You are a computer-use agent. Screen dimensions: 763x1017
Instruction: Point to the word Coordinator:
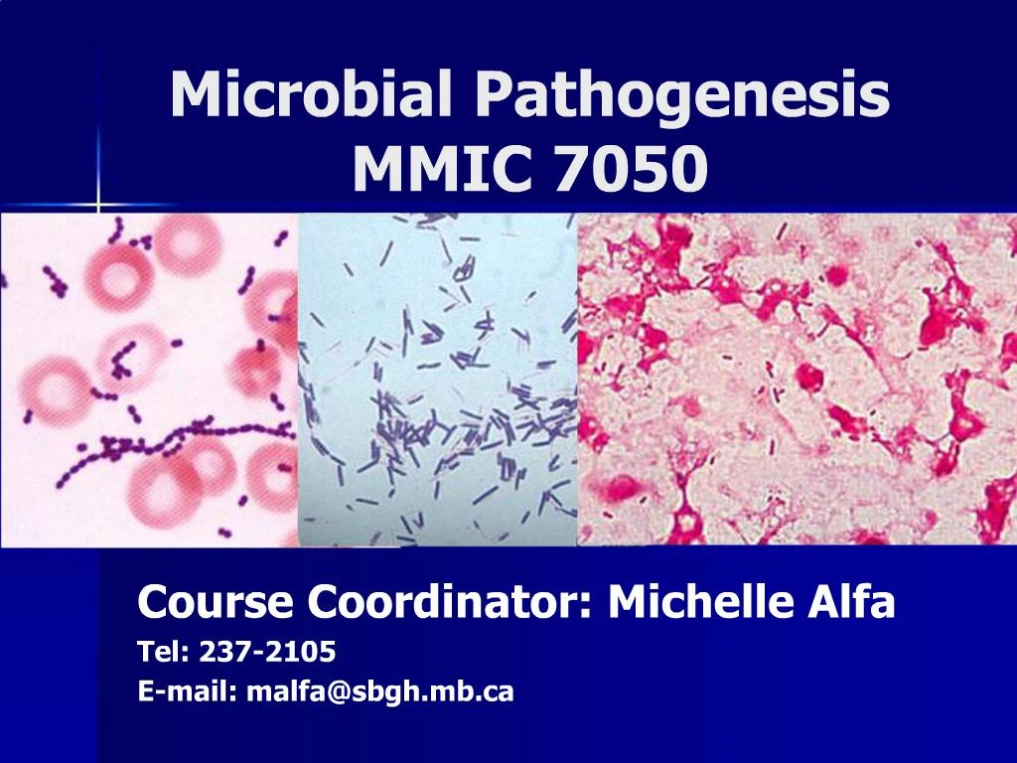(450, 601)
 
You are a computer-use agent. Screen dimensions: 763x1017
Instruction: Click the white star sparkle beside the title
(97, 206)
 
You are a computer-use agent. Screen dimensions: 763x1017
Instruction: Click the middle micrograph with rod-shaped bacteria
(437, 378)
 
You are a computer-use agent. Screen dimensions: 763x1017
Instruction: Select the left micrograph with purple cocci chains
(149, 378)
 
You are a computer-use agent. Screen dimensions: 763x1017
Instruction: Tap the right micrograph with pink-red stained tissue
(795, 378)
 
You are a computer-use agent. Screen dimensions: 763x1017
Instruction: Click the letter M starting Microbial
(194, 96)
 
